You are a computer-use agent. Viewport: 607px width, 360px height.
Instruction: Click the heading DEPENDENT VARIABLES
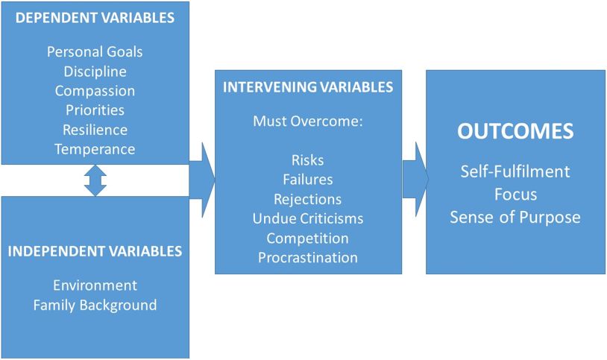point(95,18)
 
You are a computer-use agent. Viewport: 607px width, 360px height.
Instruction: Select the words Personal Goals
point(95,52)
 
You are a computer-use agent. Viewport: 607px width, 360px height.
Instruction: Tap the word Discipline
point(95,72)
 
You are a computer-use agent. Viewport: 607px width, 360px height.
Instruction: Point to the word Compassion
point(95,91)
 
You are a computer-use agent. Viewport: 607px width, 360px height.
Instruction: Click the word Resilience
point(95,130)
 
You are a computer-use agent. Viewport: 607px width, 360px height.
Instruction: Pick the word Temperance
point(95,149)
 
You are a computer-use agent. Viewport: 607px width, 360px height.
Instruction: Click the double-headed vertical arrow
point(95,180)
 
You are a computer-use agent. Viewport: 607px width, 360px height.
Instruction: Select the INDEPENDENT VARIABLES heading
point(95,252)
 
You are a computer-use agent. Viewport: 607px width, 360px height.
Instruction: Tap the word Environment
point(95,285)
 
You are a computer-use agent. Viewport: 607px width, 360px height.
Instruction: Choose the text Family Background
point(95,306)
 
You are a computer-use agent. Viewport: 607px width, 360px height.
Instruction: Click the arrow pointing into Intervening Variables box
point(201,180)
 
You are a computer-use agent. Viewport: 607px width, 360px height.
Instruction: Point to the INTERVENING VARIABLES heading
point(308,87)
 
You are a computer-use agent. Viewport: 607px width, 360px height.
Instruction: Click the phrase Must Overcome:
point(308,121)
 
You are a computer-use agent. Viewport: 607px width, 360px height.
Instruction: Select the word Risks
point(308,160)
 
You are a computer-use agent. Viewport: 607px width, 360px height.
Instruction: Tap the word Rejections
point(308,199)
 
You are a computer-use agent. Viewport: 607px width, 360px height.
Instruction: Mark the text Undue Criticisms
point(308,218)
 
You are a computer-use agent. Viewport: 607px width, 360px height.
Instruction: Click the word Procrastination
point(308,258)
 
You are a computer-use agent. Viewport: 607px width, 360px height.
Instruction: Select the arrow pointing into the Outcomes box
point(415,179)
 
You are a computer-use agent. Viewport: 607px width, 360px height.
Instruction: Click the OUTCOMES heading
point(515,132)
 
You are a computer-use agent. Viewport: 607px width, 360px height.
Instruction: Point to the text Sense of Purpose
point(515,218)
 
